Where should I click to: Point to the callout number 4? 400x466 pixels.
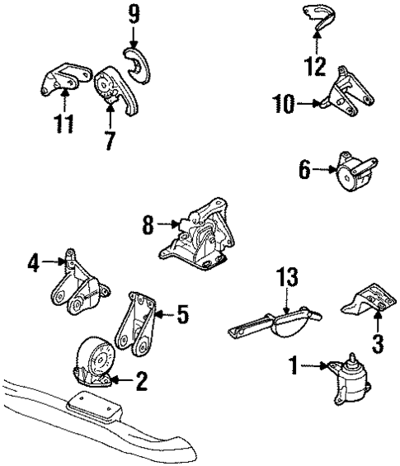click(33, 264)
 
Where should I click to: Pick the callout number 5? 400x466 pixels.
click(182, 313)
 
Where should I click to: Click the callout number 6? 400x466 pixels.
click(304, 171)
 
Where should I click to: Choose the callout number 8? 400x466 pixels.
click(148, 225)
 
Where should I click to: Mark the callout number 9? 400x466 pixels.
click(134, 14)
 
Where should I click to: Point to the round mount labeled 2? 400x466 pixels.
click(95, 365)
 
